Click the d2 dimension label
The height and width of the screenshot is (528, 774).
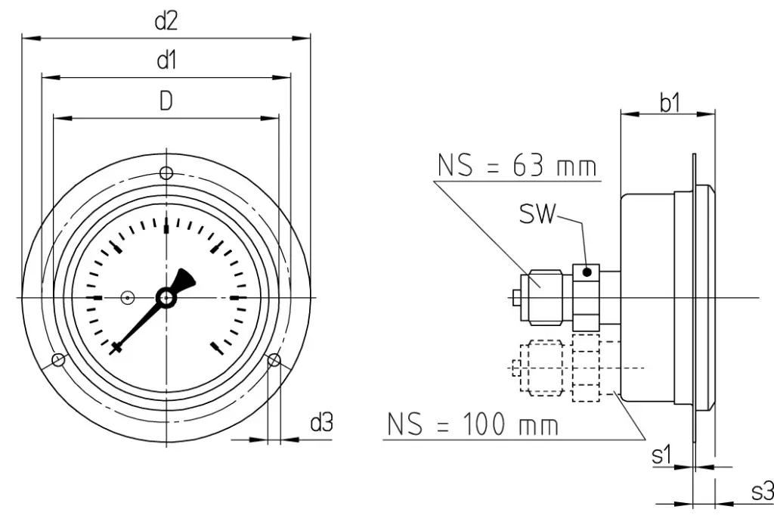166,22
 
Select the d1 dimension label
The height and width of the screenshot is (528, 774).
166,61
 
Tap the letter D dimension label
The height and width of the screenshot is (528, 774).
166,101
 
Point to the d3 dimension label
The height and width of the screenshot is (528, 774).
321,423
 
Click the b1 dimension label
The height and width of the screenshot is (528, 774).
670,103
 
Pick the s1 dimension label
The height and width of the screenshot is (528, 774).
661,455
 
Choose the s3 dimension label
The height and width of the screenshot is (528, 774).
762,492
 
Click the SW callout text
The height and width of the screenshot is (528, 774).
537,213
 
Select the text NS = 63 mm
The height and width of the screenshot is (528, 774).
517,166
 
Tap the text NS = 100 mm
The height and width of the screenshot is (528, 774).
473,424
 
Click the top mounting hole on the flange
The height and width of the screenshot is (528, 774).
166,173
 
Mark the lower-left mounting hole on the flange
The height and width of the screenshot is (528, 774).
58,360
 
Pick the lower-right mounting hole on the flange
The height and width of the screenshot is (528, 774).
274,360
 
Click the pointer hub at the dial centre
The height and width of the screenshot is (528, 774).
166,298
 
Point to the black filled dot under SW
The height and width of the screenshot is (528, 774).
587,272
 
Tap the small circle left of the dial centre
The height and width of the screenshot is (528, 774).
128,298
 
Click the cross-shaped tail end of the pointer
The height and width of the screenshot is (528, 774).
116,348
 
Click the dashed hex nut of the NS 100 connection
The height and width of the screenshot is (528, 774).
545,368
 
